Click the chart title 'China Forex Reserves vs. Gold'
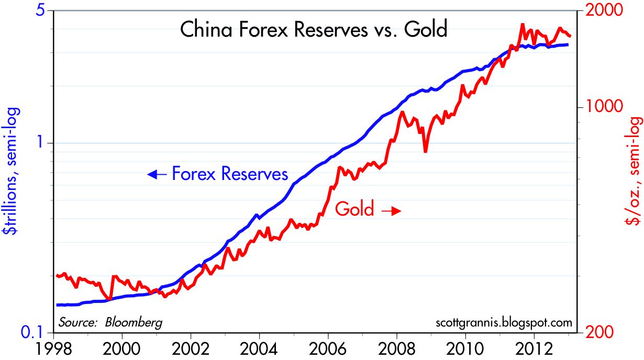pyautogui.click(x=314, y=30)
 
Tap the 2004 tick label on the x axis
pyautogui.click(x=259, y=349)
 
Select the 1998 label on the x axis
pyautogui.click(x=53, y=349)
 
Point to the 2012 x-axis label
pyautogui.click(x=534, y=349)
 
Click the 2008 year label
pyautogui.click(x=396, y=349)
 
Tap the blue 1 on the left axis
pyautogui.click(x=40, y=143)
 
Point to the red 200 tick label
pyautogui.click(x=599, y=332)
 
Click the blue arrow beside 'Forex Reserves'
pyautogui.click(x=157, y=174)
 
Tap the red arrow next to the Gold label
pyautogui.click(x=391, y=211)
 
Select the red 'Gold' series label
pyautogui.click(x=354, y=209)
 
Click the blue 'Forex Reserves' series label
pyautogui.click(x=230, y=174)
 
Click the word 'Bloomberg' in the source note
pyautogui.click(x=134, y=323)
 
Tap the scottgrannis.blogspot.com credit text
pyautogui.click(x=504, y=323)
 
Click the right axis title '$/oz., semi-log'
pyautogui.click(x=634, y=172)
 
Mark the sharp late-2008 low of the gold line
pyautogui.click(x=425, y=151)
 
